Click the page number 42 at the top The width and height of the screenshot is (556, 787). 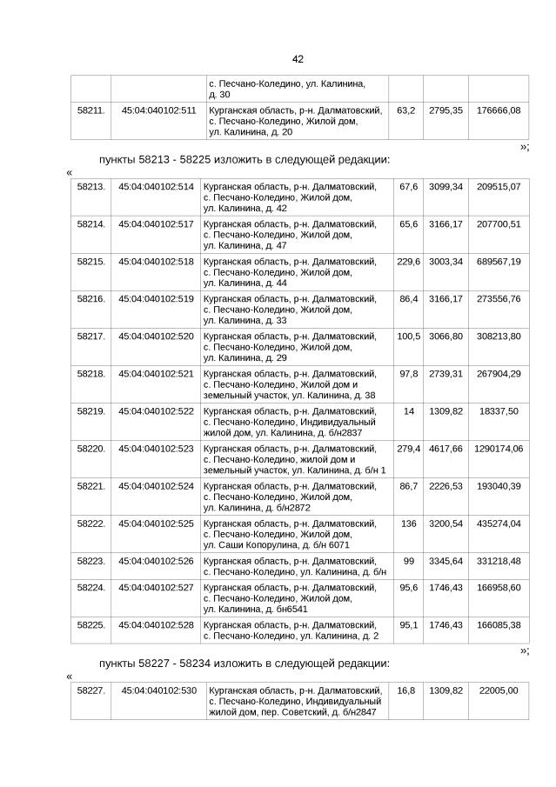(x=298, y=58)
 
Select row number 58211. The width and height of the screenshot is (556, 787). (x=91, y=110)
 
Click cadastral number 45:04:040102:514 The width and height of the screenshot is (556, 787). (x=156, y=186)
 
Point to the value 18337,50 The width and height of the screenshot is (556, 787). (x=499, y=410)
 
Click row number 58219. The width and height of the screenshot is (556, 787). (x=91, y=410)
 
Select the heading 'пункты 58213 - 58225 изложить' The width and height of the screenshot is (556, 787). (x=244, y=160)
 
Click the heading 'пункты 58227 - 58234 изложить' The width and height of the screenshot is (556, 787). (x=244, y=664)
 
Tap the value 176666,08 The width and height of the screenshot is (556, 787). (x=493, y=110)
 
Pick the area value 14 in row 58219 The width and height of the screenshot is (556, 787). (x=408, y=410)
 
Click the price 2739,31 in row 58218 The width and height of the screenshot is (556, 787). (x=445, y=373)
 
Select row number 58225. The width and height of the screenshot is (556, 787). (x=91, y=624)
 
